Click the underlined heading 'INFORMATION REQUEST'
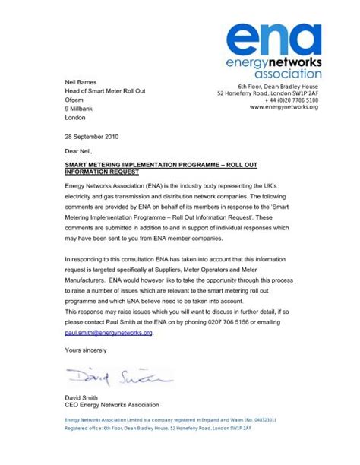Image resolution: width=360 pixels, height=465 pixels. [x=102, y=172]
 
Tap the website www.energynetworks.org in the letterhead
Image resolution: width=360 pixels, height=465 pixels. [x=283, y=107]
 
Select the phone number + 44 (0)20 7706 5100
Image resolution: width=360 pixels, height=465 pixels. [x=291, y=100]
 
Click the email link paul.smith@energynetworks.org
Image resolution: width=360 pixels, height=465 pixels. [x=109, y=333]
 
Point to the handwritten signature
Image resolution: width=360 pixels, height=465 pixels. [x=118, y=376]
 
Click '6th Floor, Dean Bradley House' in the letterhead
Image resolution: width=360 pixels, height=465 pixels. [x=277, y=87]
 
